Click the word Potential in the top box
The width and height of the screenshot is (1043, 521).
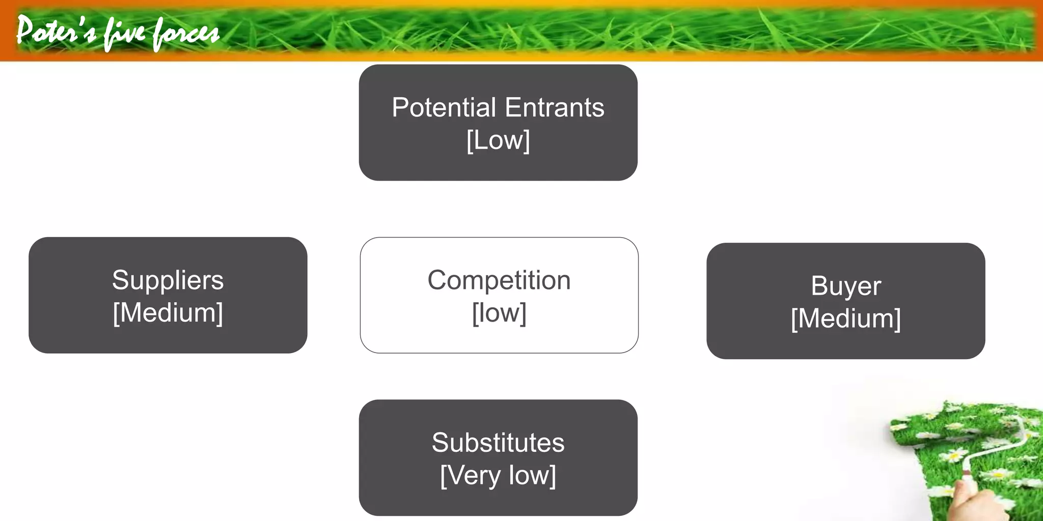(x=444, y=108)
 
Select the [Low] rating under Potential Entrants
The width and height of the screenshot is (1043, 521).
(x=498, y=140)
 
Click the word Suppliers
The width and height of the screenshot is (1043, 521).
(x=168, y=280)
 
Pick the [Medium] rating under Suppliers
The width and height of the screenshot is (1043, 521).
(x=168, y=313)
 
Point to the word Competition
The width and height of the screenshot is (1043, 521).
(x=499, y=280)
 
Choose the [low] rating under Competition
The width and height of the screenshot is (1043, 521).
(x=499, y=313)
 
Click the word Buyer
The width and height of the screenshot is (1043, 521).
(x=845, y=286)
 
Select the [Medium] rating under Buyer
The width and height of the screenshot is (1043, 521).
(x=845, y=319)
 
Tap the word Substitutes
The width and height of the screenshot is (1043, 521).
(x=498, y=443)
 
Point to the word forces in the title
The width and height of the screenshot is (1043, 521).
(x=186, y=34)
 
